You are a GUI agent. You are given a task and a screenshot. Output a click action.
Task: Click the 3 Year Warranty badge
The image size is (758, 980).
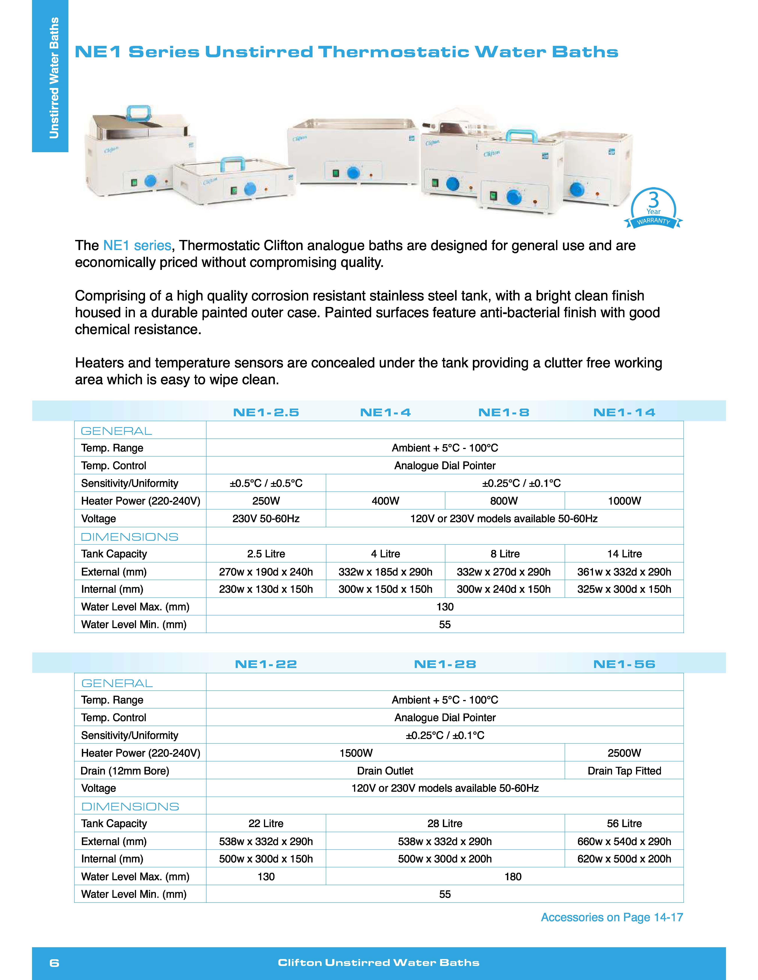coord(653,209)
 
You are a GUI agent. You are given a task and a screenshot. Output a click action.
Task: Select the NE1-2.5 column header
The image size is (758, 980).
coord(266,412)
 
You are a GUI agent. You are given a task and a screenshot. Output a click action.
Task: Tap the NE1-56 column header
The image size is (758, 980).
coord(624,664)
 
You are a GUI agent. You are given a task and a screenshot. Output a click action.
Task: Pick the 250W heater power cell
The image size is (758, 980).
coord(266,501)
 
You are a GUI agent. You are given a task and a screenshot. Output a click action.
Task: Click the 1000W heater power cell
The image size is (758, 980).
coord(624,501)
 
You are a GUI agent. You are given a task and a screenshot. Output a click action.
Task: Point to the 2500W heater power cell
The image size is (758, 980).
coord(624,753)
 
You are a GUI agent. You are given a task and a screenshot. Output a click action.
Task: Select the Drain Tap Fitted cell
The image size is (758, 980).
coord(624,771)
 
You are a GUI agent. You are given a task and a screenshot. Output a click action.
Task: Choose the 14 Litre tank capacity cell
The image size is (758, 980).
coord(624,554)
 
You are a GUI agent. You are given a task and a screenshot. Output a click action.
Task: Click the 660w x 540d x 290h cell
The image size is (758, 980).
coord(624,841)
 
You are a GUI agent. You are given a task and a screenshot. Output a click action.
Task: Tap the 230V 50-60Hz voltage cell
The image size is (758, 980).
coord(266,519)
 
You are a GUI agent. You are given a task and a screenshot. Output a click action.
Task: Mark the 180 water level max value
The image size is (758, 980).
coord(513,877)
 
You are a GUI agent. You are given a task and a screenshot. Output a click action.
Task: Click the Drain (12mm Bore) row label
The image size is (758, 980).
coord(125,771)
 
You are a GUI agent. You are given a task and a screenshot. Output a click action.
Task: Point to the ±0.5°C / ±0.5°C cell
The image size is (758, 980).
coord(266,483)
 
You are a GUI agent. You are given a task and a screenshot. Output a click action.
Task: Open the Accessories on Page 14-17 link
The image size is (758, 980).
coord(612,918)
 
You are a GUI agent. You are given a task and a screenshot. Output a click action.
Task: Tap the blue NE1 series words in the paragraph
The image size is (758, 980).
coord(137,246)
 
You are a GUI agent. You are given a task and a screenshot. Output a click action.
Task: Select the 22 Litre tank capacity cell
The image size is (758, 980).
coord(266,823)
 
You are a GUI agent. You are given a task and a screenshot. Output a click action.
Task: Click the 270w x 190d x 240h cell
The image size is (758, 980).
coord(266,572)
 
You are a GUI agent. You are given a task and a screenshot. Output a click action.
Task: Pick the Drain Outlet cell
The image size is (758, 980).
coord(385,771)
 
